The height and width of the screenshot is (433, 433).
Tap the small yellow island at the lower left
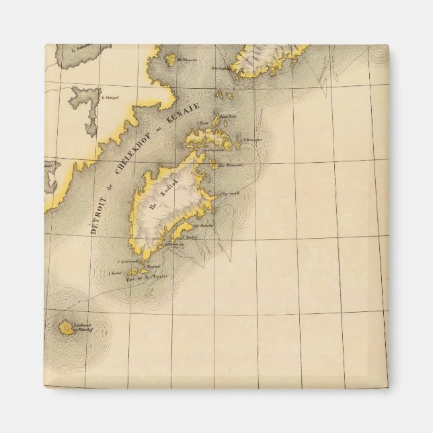(66, 328)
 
